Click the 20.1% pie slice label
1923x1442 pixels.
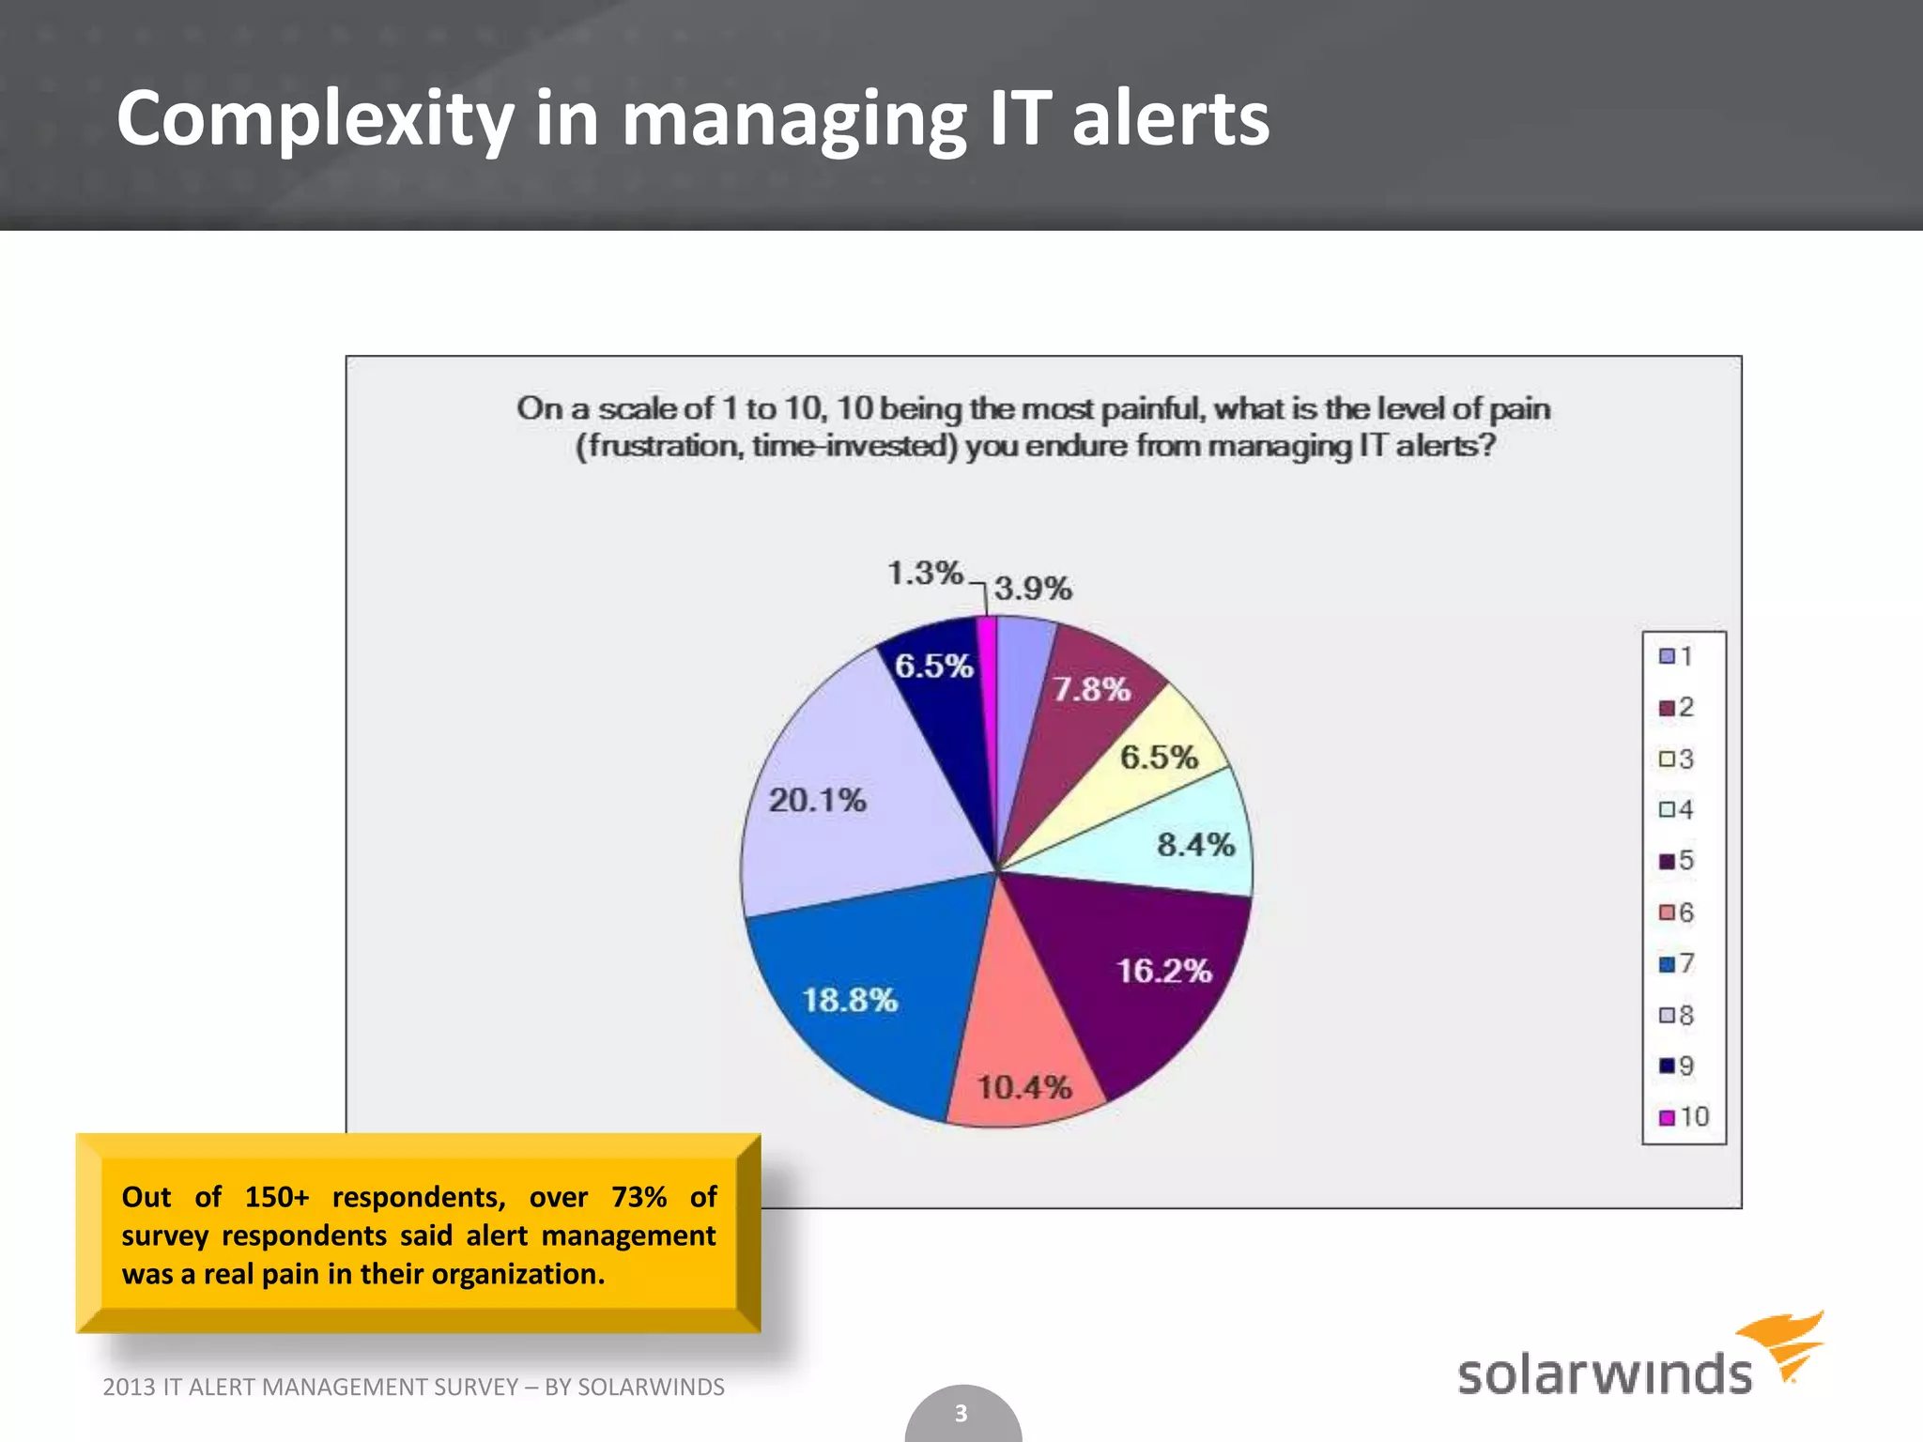pyautogui.click(x=817, y=801)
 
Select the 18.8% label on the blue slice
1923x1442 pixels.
pyautogui.click(x=850, y=1000)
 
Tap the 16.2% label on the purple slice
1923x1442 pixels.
pyautogui.click(x=1163, y=971)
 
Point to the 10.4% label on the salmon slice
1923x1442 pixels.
pyautogui.click(x=1023, y=1087)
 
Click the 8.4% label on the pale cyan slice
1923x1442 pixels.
pyautogui.click(x=1195, y=845)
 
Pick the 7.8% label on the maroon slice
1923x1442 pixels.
pyautogui.click(x=1091, y=689)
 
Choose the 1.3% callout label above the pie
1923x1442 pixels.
pyautogui.click(x=925, y=573)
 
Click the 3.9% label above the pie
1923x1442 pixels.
pyautogui.click(x=1033, y=589)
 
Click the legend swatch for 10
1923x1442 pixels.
pyautogui.click(x=1667, y=1117)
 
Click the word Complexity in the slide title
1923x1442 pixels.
pyautogui.click(x=315, y=119)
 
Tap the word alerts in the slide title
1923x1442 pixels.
pyautogui.click(x=1170, y=119)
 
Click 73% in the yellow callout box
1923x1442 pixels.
pyautogui.click(x=638, y=1197)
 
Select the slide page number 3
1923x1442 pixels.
pyautogui.click(x=961, y=1413)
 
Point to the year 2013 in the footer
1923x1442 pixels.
pyautogui.click(x=129, y=1387)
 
